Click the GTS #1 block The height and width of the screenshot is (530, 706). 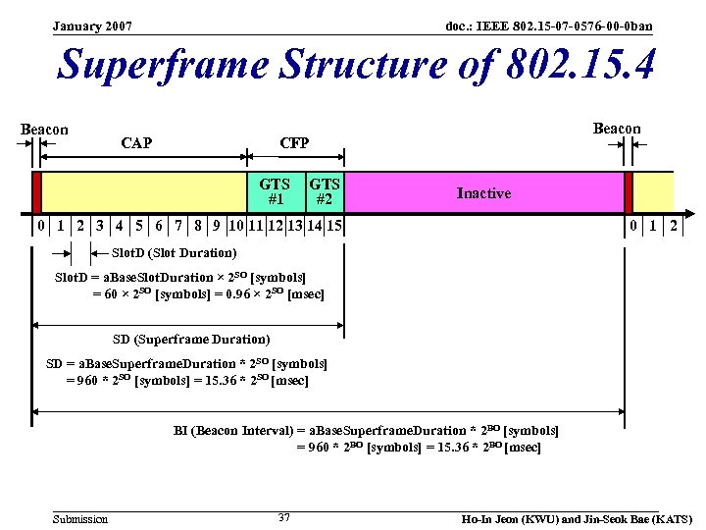tap(275, 192)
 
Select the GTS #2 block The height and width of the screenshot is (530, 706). tap(325, 192)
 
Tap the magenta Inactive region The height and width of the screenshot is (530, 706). tap(483, 192)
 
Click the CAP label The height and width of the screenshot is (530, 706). tap(136, 143)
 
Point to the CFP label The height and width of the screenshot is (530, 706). tap(294, 143)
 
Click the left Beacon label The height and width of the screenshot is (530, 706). tap(45, 130)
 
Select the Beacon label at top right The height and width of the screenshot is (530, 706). tap(617, 129)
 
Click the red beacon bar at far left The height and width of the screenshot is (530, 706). tap(36, 192)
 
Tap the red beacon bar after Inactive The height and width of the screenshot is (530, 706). tap(629, 192)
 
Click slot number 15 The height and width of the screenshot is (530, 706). tap(334, 227)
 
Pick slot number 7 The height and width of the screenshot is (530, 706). tap(178, 227)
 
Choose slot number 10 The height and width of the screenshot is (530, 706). tap(236, 227)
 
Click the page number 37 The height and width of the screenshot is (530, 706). tap(283, 517)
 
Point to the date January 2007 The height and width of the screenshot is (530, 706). tap(92, 26)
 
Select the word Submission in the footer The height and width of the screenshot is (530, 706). tap(80, 518)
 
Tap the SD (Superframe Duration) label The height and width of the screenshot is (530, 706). tap(191, 340)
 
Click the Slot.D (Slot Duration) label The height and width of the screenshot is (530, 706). tap(174, 253)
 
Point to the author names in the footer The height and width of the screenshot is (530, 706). tap(577, 518)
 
